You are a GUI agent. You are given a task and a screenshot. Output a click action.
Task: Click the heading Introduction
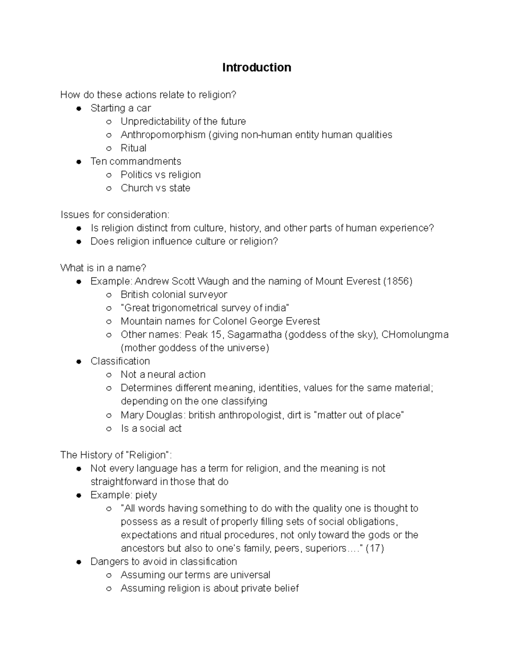[257, 67]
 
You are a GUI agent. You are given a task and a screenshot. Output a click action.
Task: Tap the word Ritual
[133, 148]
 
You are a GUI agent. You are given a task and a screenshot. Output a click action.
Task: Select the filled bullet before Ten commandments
[79, 162]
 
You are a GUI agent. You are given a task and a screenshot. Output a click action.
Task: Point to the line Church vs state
[155, 188]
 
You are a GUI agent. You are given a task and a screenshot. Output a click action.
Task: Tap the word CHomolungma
[415, 335]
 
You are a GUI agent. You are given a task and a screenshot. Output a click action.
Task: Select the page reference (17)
[375, 548]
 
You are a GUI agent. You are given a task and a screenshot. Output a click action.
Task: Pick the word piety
[146, 495]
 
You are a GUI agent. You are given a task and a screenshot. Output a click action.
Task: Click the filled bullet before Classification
[79, 362]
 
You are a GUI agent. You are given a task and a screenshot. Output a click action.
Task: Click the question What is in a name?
[103, 268]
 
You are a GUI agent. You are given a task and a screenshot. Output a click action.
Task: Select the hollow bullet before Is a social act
[109, 428]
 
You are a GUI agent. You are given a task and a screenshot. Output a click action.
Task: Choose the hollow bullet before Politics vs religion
[109, 175]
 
